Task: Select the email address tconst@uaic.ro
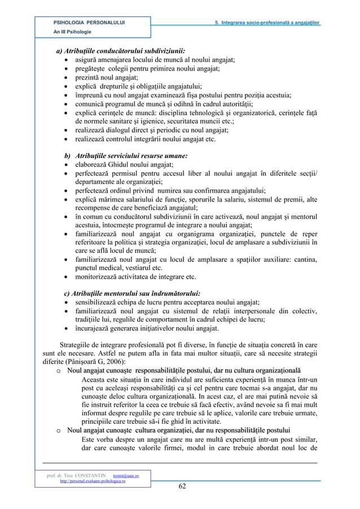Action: tap(128, 476)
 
